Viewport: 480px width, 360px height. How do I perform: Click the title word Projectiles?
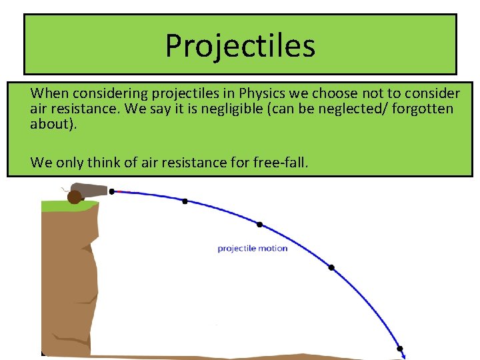click(x=240, y=45)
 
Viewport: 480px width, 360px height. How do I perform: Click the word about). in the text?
click(x=54, y=123)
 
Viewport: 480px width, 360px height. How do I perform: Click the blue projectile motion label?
click(x=253, y=249)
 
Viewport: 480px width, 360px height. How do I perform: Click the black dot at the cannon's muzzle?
click(x=112, y=191)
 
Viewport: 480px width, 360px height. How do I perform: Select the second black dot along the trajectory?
click(x=185, y=201)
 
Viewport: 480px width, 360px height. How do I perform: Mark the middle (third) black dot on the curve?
click(x=259, y=225)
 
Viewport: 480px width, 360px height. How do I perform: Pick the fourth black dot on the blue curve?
click(x=331, y=267)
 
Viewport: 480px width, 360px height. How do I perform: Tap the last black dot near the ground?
click(x=401, y=348)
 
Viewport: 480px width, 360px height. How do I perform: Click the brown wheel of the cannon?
click(x=74, y=197)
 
